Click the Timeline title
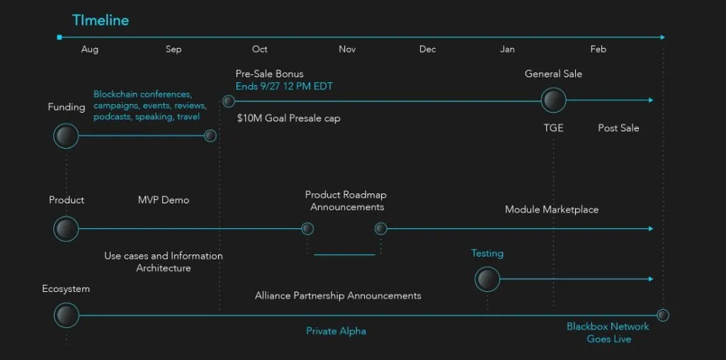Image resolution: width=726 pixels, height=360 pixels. point(101,21)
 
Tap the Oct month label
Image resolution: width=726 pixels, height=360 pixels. point(260,49)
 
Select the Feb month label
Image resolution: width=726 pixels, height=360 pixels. point(599,49)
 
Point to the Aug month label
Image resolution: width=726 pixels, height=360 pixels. point(90,50)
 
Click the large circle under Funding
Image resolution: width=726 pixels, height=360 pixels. point(66,136)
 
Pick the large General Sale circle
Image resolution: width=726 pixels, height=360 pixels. point(553,100)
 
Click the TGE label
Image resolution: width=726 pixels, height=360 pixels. point(553,128)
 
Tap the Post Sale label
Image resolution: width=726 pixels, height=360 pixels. point(618,128)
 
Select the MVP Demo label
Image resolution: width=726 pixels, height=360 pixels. point(164,200)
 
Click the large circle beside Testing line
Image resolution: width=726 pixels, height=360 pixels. point(487,279)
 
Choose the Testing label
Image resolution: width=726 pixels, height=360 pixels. point(487,254)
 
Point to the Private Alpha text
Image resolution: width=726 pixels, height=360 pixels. point(336,331)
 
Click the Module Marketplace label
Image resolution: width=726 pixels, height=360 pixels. point(552,210)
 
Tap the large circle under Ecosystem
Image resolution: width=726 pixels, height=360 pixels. point(66,315)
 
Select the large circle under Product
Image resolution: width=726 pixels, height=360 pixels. point(66,229)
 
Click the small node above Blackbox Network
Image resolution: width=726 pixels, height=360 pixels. point(663,315)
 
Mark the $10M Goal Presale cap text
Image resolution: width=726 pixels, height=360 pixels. point(288,118)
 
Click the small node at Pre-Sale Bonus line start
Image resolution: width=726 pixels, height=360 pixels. point(228,101)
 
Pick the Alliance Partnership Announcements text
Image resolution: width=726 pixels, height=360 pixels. point(338,296)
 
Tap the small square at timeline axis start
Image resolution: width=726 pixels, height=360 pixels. point(59,37)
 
